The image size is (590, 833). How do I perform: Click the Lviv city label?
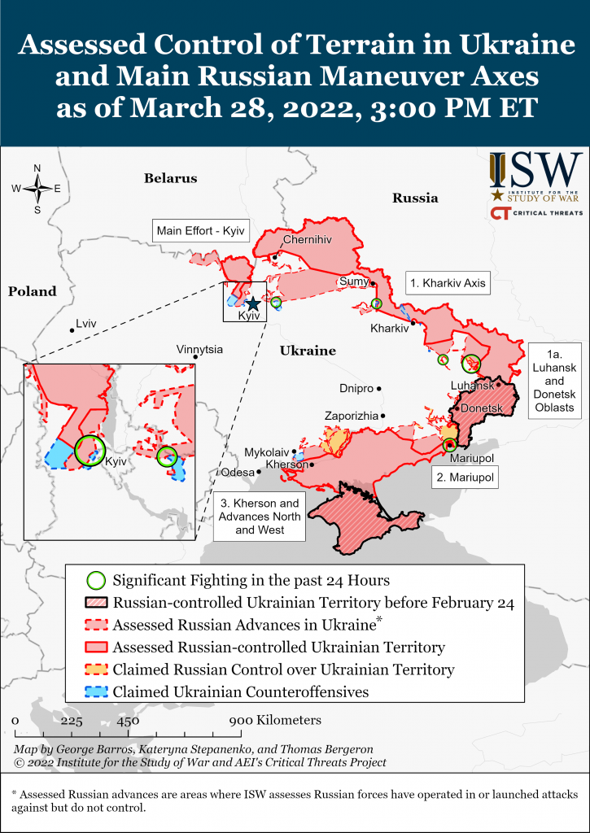point(85,324)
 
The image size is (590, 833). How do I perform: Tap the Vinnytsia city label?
point(199,349)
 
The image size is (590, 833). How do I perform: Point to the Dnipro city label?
point(356,389)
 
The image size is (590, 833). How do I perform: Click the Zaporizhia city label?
point(351,416)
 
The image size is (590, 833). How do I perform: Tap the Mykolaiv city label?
point(266,451)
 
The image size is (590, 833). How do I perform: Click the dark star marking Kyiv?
point(253,303)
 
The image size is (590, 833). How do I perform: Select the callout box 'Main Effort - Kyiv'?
point(194,230)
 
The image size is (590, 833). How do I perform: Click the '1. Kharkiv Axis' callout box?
point(448,284)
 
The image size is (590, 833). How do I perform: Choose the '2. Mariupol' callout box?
point(465,478)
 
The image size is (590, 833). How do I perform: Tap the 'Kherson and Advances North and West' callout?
point(259,517)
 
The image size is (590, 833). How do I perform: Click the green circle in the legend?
point(96,581)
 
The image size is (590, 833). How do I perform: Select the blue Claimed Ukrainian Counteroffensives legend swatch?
point(96,692)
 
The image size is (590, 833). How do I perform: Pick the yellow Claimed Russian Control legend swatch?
point(96,669)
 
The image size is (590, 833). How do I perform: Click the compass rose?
point(37,188)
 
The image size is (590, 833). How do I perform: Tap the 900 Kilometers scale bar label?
point(275,720)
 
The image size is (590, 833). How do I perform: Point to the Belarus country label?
point(171,178)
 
